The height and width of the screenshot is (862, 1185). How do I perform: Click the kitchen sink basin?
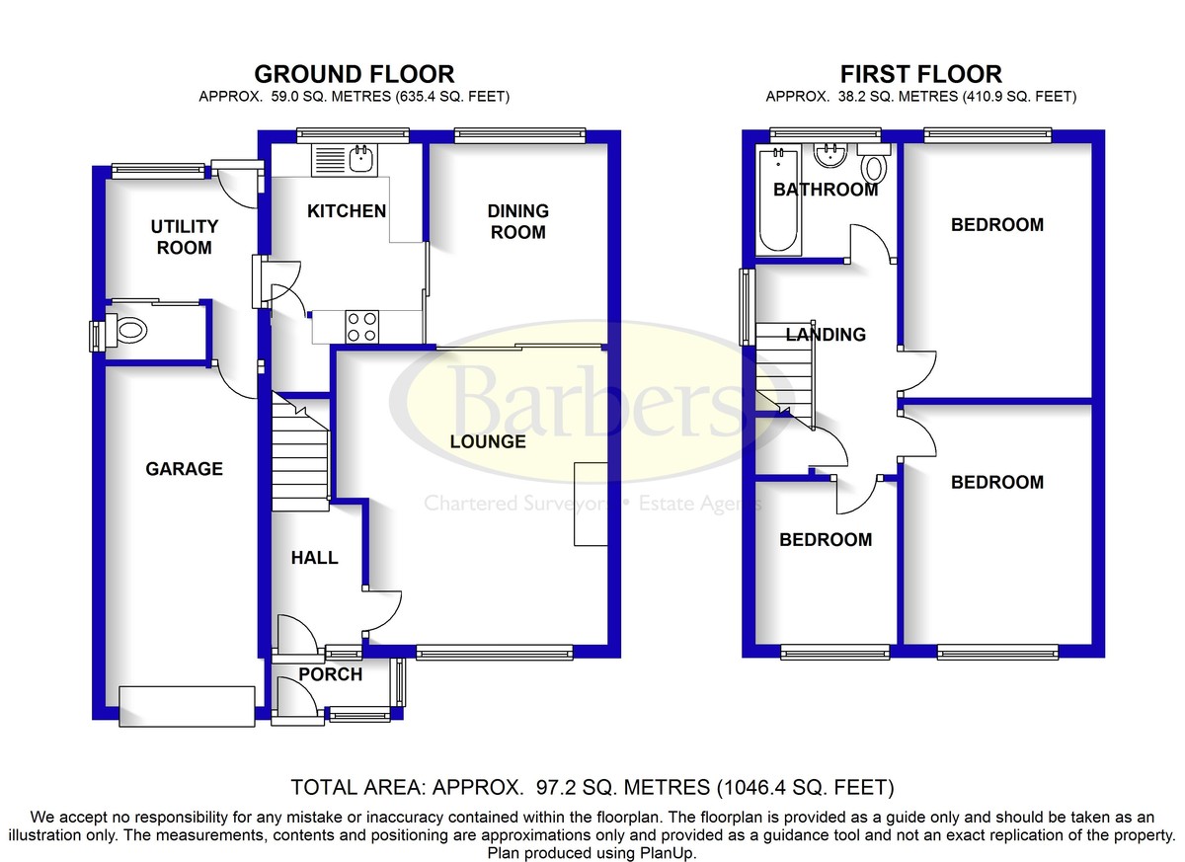click(361, 157)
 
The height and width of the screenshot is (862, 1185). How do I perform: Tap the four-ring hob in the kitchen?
click(361, 326)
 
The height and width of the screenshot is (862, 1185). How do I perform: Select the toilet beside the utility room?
click(126, 330)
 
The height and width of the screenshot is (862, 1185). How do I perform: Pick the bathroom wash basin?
click(830, 156)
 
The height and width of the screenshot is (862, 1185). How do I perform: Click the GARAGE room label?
click(184, 469)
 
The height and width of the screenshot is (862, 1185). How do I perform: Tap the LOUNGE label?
click(488, 441)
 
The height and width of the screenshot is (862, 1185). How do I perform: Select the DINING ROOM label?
click(517, 221)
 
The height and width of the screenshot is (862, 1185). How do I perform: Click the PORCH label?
click(330, 674)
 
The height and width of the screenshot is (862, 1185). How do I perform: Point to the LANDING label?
click(826, 334)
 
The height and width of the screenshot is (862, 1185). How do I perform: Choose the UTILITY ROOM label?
click(184, 237)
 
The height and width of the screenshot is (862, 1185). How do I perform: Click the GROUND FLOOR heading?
click(355, 74)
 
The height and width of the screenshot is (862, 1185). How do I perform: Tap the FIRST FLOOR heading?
click(921, 74)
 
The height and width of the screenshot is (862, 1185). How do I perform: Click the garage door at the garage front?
click(187, 706)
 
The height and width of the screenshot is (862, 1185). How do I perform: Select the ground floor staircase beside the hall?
click(301, 451)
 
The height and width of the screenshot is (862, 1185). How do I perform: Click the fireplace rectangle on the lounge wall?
click(591, 504)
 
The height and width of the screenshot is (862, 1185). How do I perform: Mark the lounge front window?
click(494, 652)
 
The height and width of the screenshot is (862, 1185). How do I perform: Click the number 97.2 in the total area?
click(554, 787)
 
